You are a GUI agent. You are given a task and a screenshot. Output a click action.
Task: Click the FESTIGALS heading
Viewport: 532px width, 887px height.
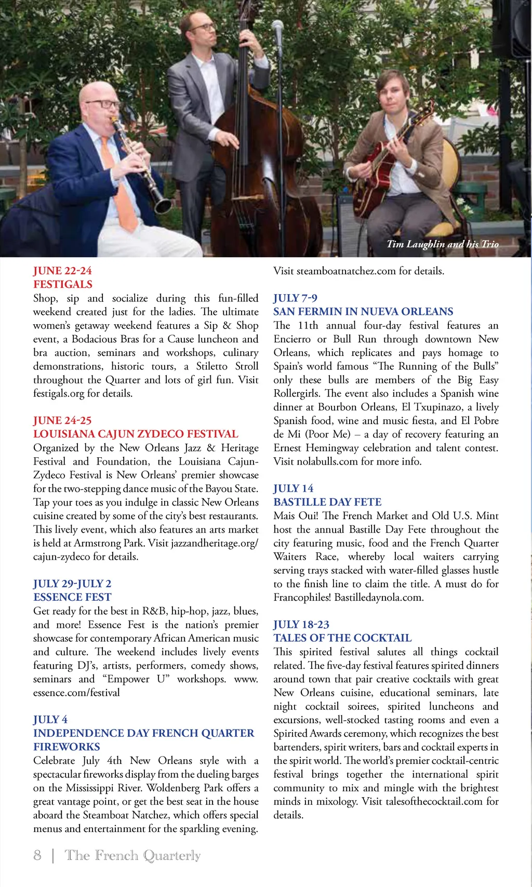pos(63,284)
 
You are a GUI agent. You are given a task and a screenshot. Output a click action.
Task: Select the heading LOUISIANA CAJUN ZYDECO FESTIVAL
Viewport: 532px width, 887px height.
pos(136,434)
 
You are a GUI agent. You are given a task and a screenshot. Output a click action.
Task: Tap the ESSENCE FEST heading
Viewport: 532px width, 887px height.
pos(72,597)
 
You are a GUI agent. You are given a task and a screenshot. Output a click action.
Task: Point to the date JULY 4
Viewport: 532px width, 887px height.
pos(50,719)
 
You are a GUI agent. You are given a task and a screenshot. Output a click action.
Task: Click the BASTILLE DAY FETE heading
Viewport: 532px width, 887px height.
pos(327,502)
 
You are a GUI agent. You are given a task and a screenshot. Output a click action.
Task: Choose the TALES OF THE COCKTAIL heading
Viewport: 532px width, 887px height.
pos(342,638)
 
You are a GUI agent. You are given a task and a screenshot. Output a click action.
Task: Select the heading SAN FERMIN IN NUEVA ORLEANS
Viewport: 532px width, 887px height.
pos(363,311)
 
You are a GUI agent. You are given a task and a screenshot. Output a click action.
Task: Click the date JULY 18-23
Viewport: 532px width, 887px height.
pos(301,624)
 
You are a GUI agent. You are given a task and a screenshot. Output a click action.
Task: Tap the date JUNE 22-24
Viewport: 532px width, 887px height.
pos(62,271)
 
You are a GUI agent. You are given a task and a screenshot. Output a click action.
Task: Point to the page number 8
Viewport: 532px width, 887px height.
pos(37,855)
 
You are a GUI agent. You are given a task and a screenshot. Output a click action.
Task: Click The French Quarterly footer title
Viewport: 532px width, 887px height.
pos(132,855)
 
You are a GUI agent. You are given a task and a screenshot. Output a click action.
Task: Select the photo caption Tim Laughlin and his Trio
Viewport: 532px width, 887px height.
pos(443,244)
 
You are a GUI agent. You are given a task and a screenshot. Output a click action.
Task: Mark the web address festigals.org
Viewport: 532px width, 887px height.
pos(59,393)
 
